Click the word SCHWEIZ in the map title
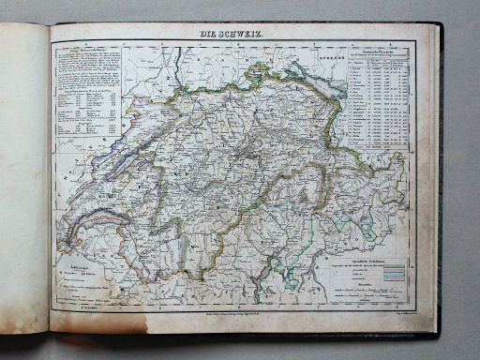246,35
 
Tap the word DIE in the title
209,35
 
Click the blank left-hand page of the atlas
23,178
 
